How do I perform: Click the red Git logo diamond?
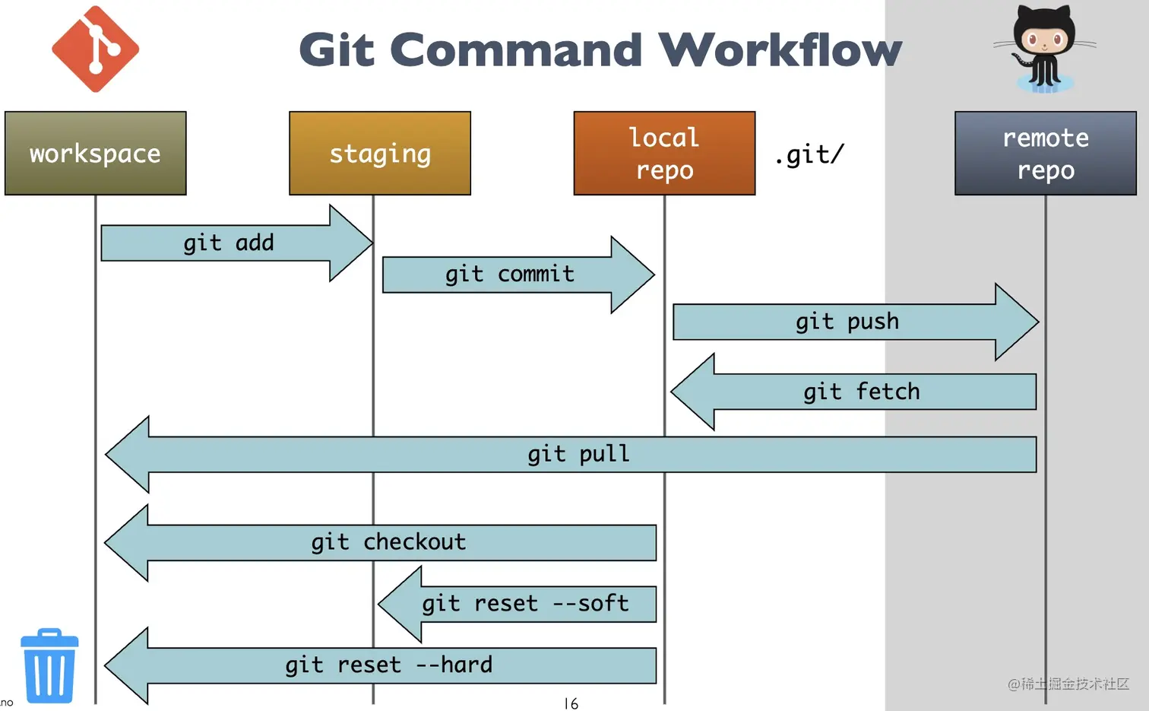point(96,49)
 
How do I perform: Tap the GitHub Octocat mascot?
point(1044,49)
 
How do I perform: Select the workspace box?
point(96,153)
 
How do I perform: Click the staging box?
point(380,153)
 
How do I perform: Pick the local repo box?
point(665,153)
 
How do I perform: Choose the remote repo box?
point(1046,153)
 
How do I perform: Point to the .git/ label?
point(809,154)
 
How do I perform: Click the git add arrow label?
point(229,243)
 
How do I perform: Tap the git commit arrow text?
point(510,274)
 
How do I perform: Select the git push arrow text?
point(847,322)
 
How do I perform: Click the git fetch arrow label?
point(862,392)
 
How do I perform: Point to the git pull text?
point(578,454)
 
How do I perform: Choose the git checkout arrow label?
point(389,542)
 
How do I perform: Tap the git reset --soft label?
point(526,604)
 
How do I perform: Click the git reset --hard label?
point(389,665)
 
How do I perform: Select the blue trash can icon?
point(49,665)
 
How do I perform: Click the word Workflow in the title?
point(780,49)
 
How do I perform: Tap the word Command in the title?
point(516,49)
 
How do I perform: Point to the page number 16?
point(571,703)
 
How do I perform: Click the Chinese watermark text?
point(1068,684)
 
